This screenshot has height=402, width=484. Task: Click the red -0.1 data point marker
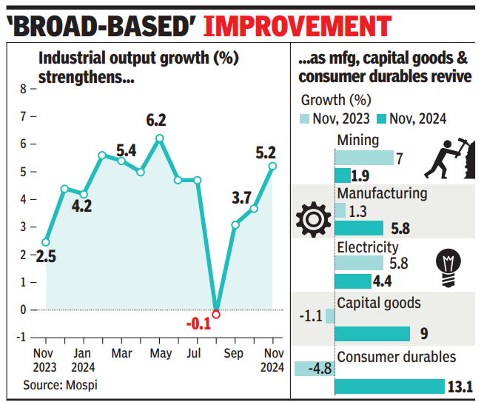point(216,314)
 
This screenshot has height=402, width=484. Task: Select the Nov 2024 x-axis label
point(273,361)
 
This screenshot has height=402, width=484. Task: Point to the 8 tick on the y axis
point(23,89)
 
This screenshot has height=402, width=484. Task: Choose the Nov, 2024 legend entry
point(411,118)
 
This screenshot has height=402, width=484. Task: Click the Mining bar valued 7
point(364,158)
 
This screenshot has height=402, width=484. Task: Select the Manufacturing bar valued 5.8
point(359,228)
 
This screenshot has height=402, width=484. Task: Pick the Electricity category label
point(367,247)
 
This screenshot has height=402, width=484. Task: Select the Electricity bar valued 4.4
point(353,281)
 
